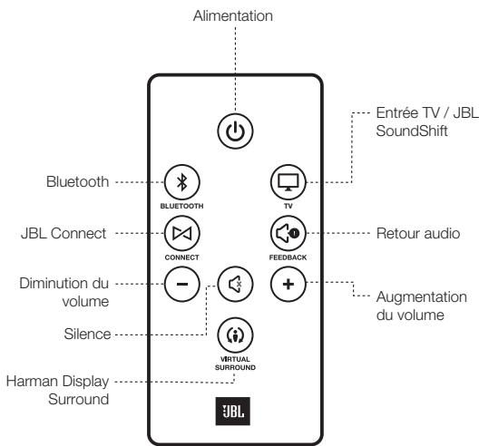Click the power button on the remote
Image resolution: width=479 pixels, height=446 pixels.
pyautogui.click(x=234, y=130)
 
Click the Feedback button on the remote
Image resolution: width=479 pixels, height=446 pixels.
pyautogui.click(x=286, y=234)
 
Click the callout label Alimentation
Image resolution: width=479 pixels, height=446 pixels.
pyautogui.click(x=234, y=16)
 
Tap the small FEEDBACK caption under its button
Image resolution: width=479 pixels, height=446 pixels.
pyautogui.click(x=286, y=258)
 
